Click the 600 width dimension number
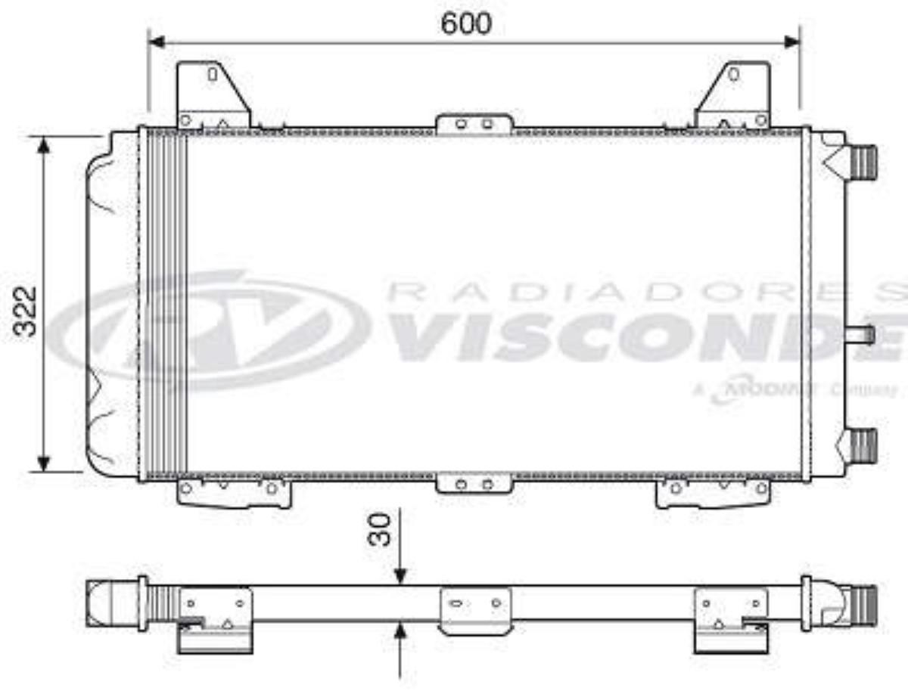466,23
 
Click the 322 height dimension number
27,310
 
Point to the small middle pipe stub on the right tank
861,334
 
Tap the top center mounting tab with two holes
474,123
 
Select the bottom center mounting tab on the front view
474,484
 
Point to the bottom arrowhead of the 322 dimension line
44,463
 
